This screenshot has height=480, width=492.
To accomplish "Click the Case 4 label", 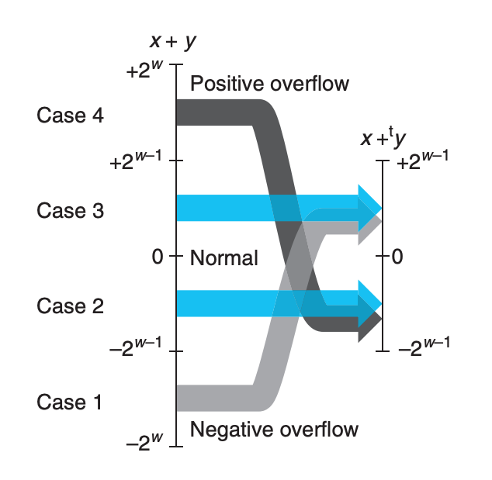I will pyautogui.click(x=70, y=116).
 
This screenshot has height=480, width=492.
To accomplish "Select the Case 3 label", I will pyautogui.click(x=70, y=210).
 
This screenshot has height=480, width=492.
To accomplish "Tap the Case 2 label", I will pyautogui.click(x=70, y=306).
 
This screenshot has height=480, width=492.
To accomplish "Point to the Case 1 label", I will pyautogui.click(x=70, y=402).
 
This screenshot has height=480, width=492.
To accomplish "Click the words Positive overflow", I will pyautogui.click(x=269, y=83).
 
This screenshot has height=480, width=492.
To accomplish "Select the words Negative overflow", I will pyautogui.click(x=274, y=429).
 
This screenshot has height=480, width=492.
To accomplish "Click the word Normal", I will pyautogui.click(x=223, y=257).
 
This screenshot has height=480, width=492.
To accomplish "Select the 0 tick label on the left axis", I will pyautogui.click(x=158, y=257).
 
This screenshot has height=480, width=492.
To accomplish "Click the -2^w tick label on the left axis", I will pyautogui.click(x=145, y=443).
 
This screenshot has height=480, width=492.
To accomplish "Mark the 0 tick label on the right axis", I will pyautogui.click(x=397, y=257).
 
